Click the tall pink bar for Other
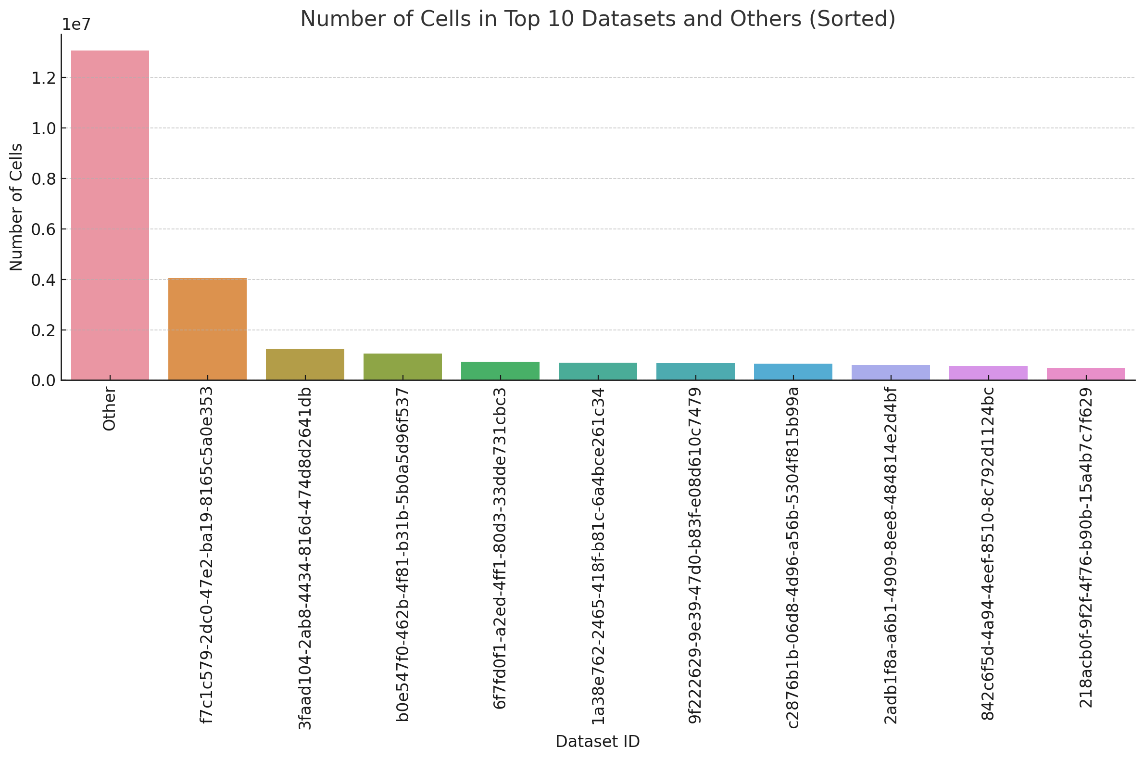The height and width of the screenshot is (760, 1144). [x=110, y=215]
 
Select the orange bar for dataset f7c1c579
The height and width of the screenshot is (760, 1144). [x=207, y=329]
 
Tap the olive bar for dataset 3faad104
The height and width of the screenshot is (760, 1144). [x=305, y=365]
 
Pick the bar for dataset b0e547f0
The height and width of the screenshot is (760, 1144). [x=402, y=367]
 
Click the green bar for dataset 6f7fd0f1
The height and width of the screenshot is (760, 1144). [x=500, y=371]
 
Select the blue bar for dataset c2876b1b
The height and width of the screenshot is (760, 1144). [x=792, y=372]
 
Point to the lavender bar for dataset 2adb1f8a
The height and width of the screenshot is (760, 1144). [x=891, y=373]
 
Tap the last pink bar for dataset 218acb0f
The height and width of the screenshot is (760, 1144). [x=1086, y=374]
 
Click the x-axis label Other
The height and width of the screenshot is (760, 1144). [x=110, y=409]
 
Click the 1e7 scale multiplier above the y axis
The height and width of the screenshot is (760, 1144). [x=76, y=24]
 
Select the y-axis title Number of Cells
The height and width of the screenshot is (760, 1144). [x=16, y=207]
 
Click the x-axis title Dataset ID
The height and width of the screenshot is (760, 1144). [x=597, y=742]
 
